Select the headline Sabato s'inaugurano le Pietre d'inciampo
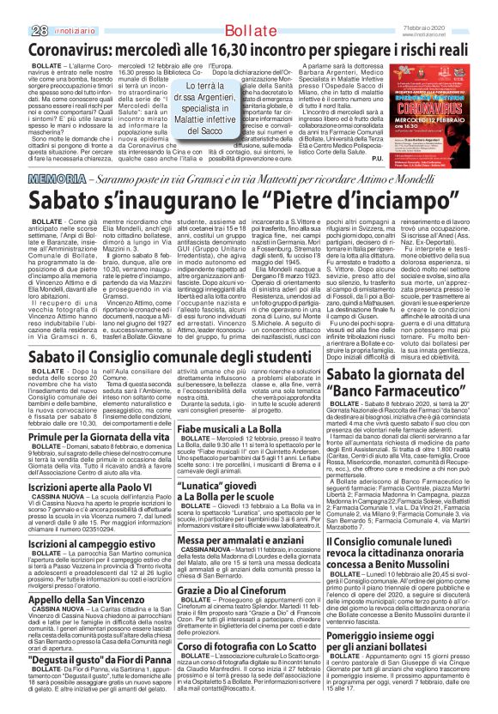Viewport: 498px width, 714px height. click(249, 199)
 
